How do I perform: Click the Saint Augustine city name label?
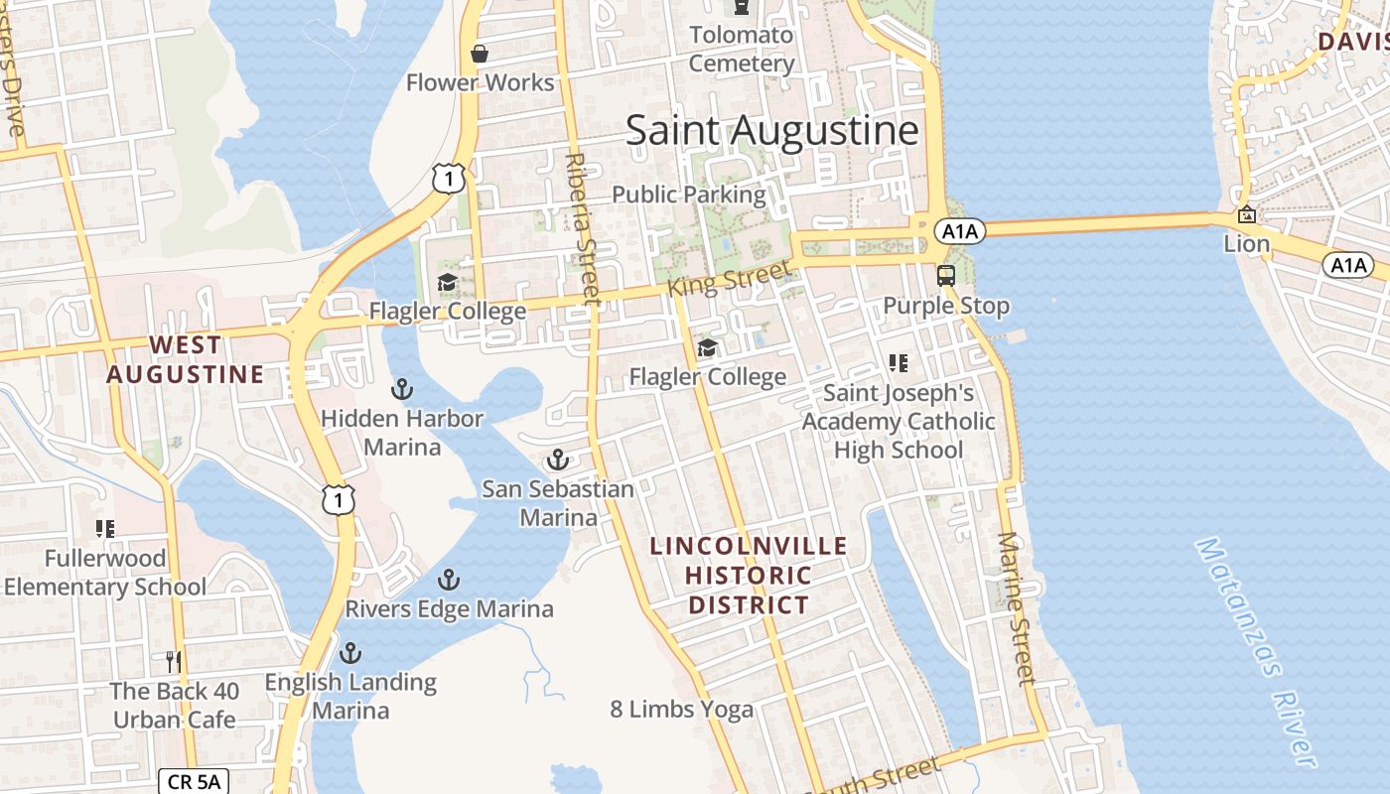tap(771, 131)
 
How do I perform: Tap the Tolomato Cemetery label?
tap(742, 50)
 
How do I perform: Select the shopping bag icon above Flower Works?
tap(480, 54)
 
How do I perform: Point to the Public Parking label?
tap(689, 194)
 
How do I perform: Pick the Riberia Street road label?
tap(582, 227)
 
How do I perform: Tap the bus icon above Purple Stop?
tap(946, 275)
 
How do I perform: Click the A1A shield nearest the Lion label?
tap(1347, 265)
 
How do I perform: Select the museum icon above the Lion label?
tap(1246, 214)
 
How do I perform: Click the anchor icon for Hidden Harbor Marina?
tap(402, 388)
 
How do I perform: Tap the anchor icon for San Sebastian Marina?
tap(558, 460)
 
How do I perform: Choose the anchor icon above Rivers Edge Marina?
tap(449, 580)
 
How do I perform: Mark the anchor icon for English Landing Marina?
tap(349, 653)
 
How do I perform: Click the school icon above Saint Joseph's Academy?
tap(899, 363)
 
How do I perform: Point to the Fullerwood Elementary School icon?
tap(104, 529)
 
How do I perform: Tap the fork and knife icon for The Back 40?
tap(174, 662)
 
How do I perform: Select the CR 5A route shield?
tap(194, 781)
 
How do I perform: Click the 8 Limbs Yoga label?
tap(681, 709)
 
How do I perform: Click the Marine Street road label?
tap(1015, 608)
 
